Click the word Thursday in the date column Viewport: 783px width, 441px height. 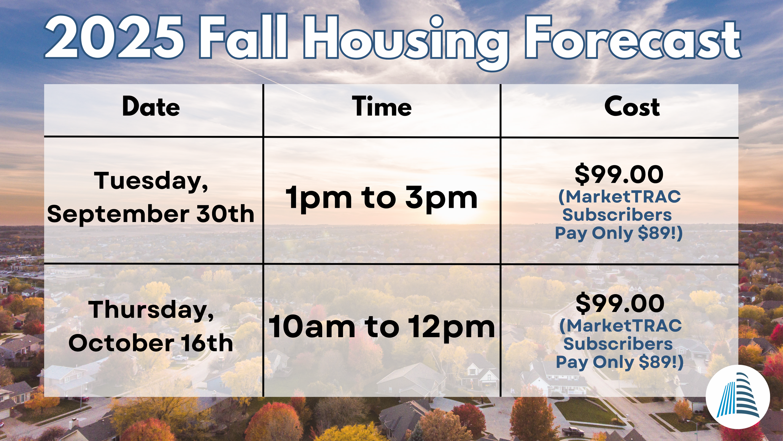pos(151,310)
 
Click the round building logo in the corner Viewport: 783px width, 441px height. pos(738,397)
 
